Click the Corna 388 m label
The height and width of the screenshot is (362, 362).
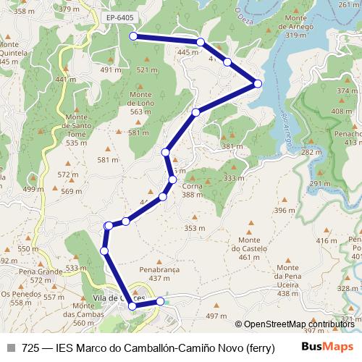(x=192, y=190)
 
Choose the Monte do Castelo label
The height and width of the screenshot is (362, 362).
(x=248, y=248)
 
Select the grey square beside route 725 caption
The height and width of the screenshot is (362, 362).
(x=11, y=348)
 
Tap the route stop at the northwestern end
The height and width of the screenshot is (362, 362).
(x=133, y=35)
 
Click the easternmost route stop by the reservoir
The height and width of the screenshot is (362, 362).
(x=257, y=85)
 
